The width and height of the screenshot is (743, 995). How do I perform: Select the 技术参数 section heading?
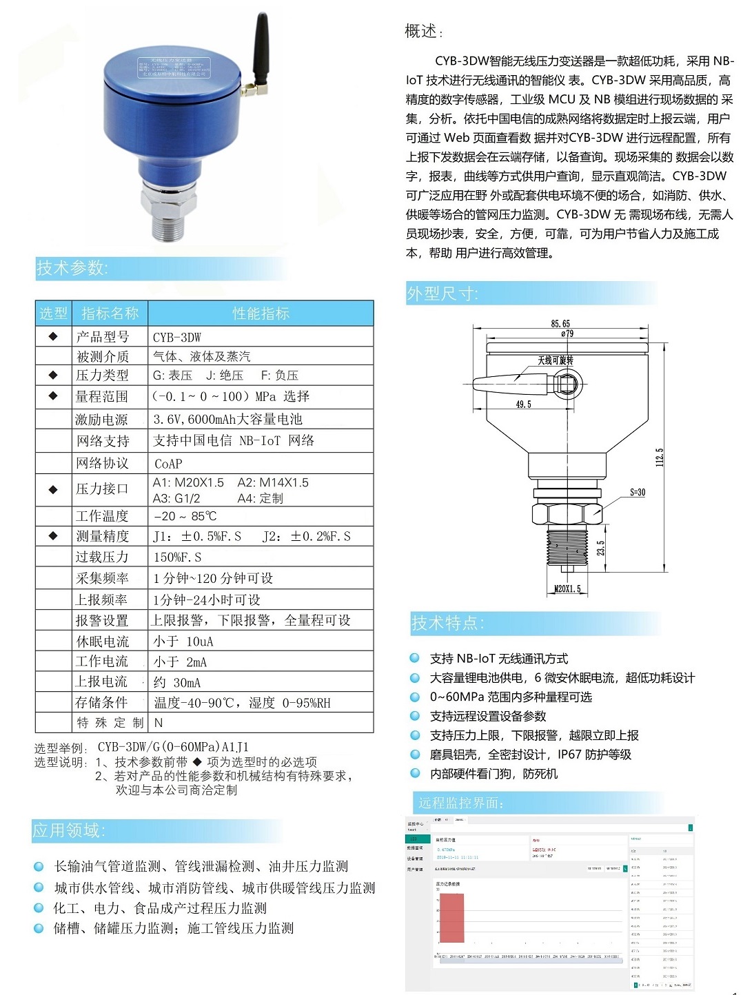(72, 268)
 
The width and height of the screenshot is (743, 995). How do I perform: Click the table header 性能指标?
(261, 314)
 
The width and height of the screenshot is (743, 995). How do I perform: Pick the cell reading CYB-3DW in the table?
(177, 337)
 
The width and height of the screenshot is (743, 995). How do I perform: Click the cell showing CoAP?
(168, 464)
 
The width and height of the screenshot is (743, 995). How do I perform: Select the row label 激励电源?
(101, 419)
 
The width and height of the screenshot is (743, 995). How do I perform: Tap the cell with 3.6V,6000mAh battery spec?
(227, 419)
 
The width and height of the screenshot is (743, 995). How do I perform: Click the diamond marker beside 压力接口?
(53, 489)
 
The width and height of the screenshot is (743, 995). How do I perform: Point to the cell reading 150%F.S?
(177, 557)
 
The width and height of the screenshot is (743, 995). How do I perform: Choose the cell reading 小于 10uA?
(183, 642)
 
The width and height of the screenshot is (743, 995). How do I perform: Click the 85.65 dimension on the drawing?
(560, 323)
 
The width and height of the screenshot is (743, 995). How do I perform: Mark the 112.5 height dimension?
(660, 456)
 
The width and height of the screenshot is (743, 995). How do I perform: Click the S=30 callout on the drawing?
(638, 492)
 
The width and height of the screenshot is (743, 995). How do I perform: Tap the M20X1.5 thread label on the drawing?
(567, 589)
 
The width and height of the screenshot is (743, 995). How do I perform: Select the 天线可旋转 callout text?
(556, 360)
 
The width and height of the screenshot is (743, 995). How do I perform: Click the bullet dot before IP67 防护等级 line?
(415, 754)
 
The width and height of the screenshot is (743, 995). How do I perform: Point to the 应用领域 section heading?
(68, 830)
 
